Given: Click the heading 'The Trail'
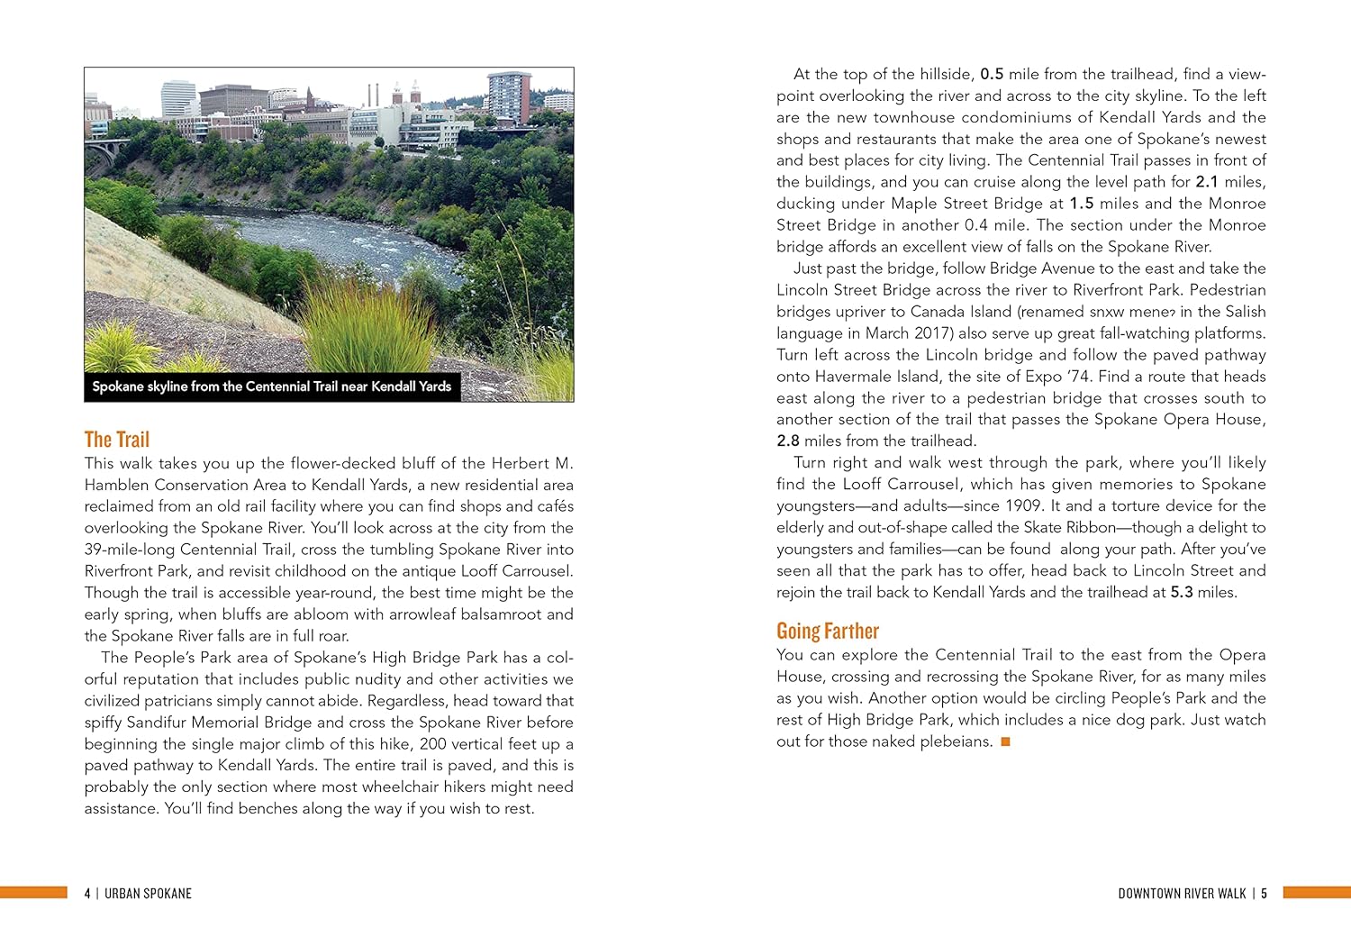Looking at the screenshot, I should click(117, 440).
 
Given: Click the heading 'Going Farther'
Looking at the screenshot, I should click(827, 631).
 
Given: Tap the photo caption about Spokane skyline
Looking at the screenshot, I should click(271, 387).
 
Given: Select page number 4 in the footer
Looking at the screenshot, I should click(87, 894).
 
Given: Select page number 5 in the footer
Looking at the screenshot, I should click(1264, 894).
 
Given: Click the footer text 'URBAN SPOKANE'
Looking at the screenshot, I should click(148, 894).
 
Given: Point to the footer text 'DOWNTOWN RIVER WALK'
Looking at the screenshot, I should click(1182, 894).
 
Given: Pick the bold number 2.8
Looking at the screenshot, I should click(787, 441).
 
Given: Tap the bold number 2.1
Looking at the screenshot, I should click(1207, 182).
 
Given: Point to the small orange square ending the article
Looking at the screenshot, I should click(1006, 741).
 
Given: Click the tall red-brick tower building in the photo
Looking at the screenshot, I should click(509, 97).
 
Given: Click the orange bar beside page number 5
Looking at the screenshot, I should click(1316, 892).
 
